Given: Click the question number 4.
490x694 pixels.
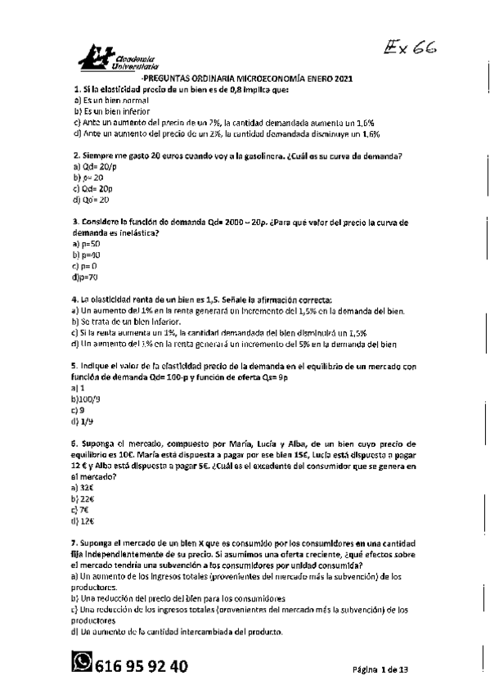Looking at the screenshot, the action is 74,300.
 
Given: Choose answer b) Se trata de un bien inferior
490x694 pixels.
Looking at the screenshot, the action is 136,322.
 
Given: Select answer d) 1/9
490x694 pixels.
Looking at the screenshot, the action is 83,422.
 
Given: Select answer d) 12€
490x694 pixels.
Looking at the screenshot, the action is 83,521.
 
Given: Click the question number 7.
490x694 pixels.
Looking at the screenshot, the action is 74,543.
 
